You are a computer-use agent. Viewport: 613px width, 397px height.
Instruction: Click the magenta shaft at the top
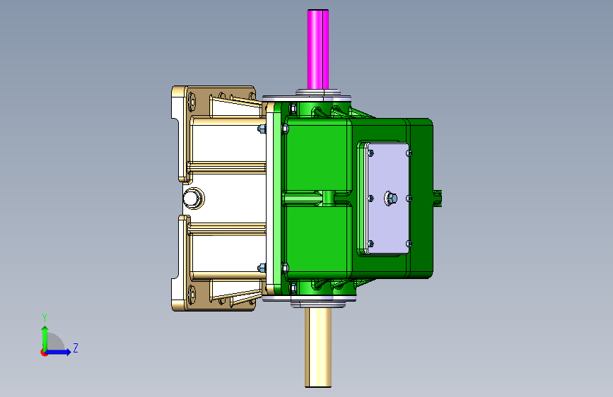[318, 49]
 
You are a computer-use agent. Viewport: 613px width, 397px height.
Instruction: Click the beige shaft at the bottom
[318, 347]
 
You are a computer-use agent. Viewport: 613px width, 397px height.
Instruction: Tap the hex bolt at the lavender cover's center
[390, 198]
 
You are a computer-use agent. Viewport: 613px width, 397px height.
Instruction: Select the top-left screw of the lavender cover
[370, 153]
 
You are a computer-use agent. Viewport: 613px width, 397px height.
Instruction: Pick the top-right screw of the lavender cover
[409, 153]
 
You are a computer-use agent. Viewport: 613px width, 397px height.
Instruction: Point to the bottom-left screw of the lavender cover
[370, 244]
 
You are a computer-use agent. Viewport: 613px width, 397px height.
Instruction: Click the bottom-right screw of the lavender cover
[409, 244]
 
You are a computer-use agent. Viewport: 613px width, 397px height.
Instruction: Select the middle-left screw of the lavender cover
[370, 198]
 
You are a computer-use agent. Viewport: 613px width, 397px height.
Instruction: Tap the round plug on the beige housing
[193, 198]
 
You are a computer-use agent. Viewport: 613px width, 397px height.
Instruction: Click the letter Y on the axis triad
[45, 317]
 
